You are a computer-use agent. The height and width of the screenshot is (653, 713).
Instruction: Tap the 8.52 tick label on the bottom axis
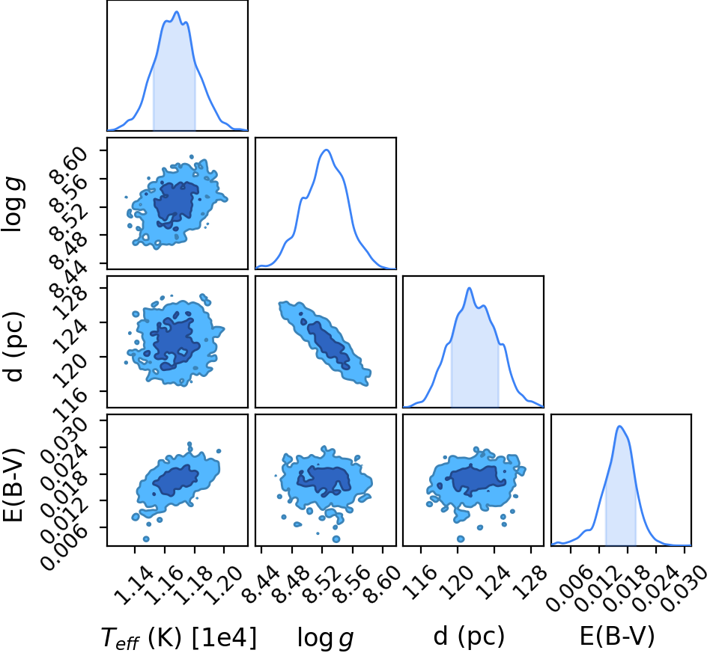coord(322,586)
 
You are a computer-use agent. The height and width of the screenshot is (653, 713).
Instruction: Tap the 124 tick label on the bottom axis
coord(494,582)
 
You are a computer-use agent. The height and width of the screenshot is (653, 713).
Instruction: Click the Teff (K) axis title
coord(142,637)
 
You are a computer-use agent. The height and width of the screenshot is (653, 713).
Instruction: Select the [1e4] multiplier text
coord(224,637)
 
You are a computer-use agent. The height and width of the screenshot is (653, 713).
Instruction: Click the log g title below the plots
coord(325,637)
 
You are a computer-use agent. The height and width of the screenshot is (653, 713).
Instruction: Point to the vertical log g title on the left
coord(13,205)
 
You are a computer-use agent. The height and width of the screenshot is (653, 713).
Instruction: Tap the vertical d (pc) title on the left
coord(13,346)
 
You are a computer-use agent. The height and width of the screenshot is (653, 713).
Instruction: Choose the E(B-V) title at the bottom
coord(617,637)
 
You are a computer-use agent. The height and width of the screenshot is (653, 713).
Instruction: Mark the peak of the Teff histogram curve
coord(177,12)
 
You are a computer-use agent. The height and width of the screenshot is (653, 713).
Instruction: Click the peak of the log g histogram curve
coord(326,150)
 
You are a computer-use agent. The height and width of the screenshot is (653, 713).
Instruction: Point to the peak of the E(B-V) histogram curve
coord(619,426)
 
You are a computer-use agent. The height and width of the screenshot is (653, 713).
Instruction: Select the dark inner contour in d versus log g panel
coord(328,343)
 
